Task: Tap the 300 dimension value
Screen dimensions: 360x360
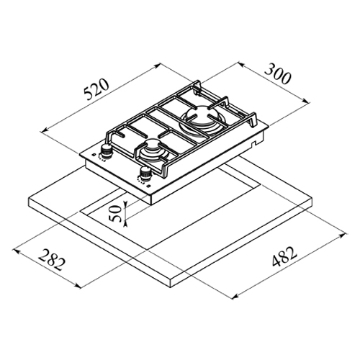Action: coord(279,73)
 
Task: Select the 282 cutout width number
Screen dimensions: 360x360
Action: coord(52,260)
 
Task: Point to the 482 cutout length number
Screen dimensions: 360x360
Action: coord(284,257)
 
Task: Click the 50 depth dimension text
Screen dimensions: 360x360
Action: coord(114,213)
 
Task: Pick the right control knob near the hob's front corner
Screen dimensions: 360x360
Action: coord(145,174)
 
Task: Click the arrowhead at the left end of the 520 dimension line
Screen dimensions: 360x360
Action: coord(44,131)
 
